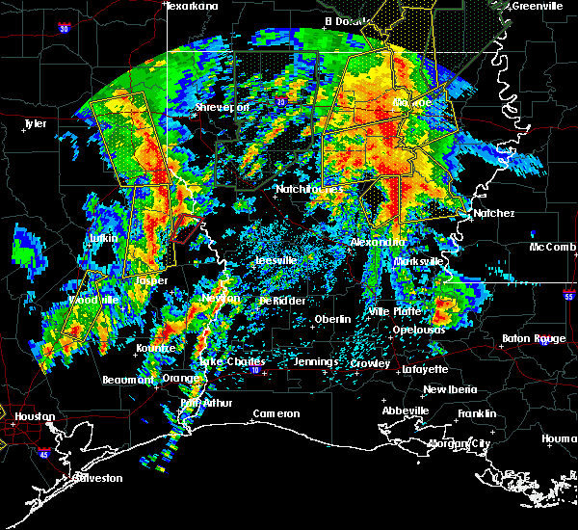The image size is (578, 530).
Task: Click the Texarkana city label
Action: click(x=192, y=6)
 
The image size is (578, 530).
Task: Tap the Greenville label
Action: click(x=538, y=6)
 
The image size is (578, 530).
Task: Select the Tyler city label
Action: click(x=35, y=123)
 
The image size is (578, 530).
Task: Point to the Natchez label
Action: click(x=494, y=213)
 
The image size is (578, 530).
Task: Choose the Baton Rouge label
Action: click(x=534, y=338)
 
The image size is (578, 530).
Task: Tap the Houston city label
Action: click(x=35, y=416)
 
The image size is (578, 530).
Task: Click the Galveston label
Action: click(x=71, y=478)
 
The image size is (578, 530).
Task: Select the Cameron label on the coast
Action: click(x=276, y=414)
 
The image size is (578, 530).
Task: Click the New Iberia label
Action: click(x=448, y=389)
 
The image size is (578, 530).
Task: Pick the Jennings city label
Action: click(x=316, y=362)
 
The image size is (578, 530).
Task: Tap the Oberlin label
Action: click(x=332, y=319)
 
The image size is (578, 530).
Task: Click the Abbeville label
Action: click(x=405, y=411)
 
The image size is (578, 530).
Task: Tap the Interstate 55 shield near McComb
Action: click(x=570, y=298)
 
